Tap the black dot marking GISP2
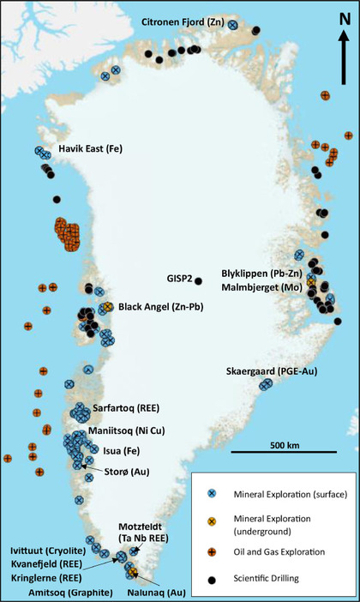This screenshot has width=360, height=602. coord(198,280)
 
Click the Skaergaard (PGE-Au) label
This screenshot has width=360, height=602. coord(270,370)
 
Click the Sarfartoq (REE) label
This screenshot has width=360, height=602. coord(125,408)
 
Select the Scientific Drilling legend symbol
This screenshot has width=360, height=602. coord(207,579)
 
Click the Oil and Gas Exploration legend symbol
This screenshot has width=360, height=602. coord(207,553)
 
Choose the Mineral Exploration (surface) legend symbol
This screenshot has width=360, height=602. coord(207,492)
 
